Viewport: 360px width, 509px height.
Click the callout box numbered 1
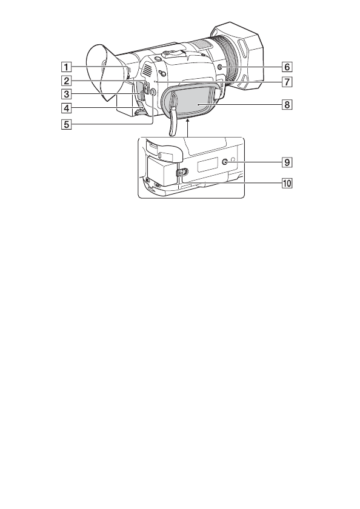point(66,67)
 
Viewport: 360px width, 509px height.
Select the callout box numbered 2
point(66,80)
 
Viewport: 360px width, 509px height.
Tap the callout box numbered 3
point(66,94)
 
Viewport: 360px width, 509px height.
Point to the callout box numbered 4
point(66,108)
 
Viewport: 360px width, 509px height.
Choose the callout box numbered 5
point(66,124)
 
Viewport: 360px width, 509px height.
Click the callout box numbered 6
point(287,67)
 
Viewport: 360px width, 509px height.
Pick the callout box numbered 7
point(287,81)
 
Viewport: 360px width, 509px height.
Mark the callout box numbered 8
point(287,104)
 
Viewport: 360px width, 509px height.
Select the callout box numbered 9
point(287,162)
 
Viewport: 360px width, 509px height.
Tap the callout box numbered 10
point(287,184)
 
